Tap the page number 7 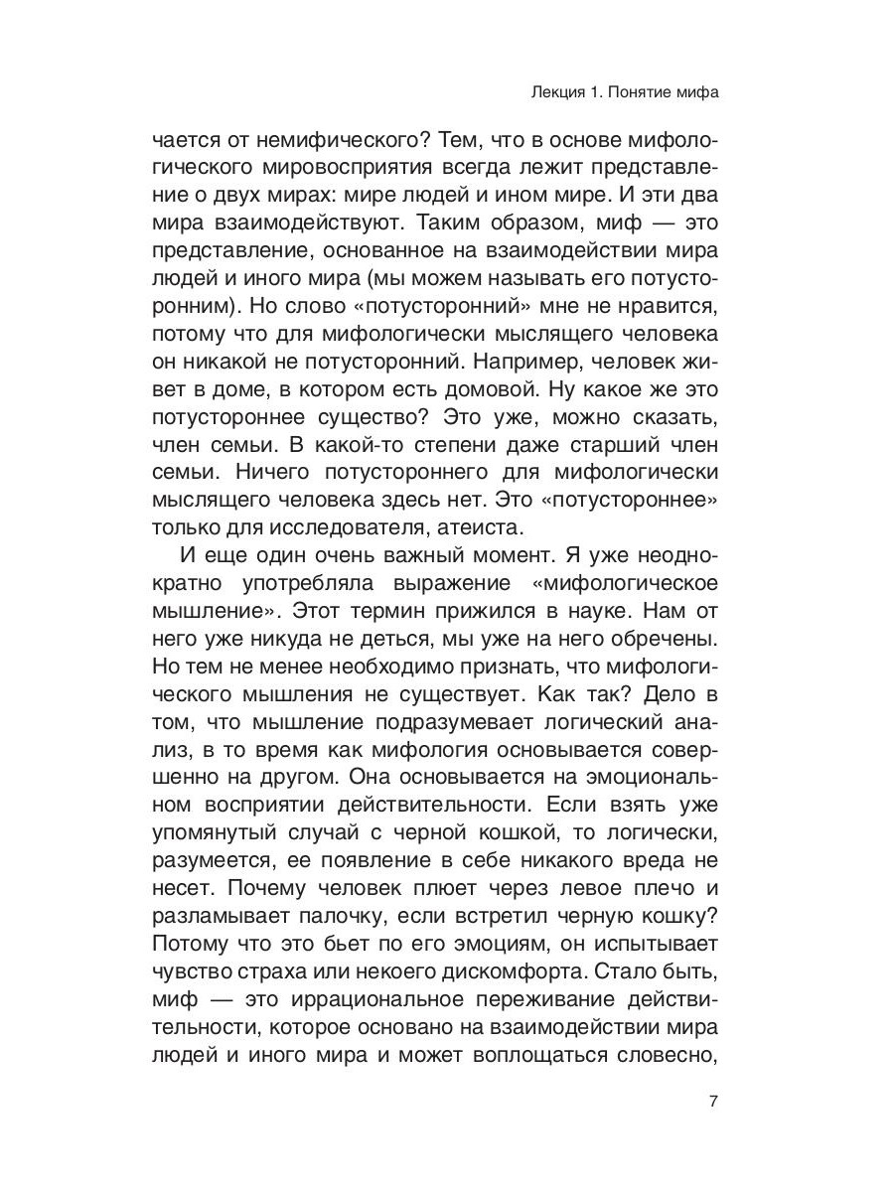click(712, 1101)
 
